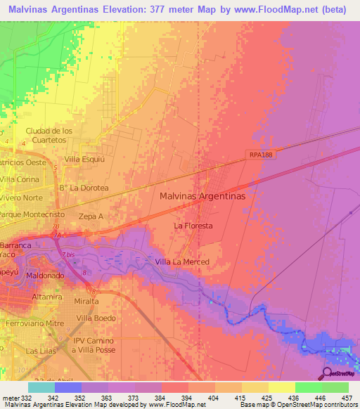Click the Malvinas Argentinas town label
202,197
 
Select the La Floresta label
193,226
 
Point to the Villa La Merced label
181,262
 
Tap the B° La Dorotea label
83,188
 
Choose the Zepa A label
91,216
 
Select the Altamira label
46,297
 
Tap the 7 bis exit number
68,254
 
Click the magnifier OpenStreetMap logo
327,373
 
